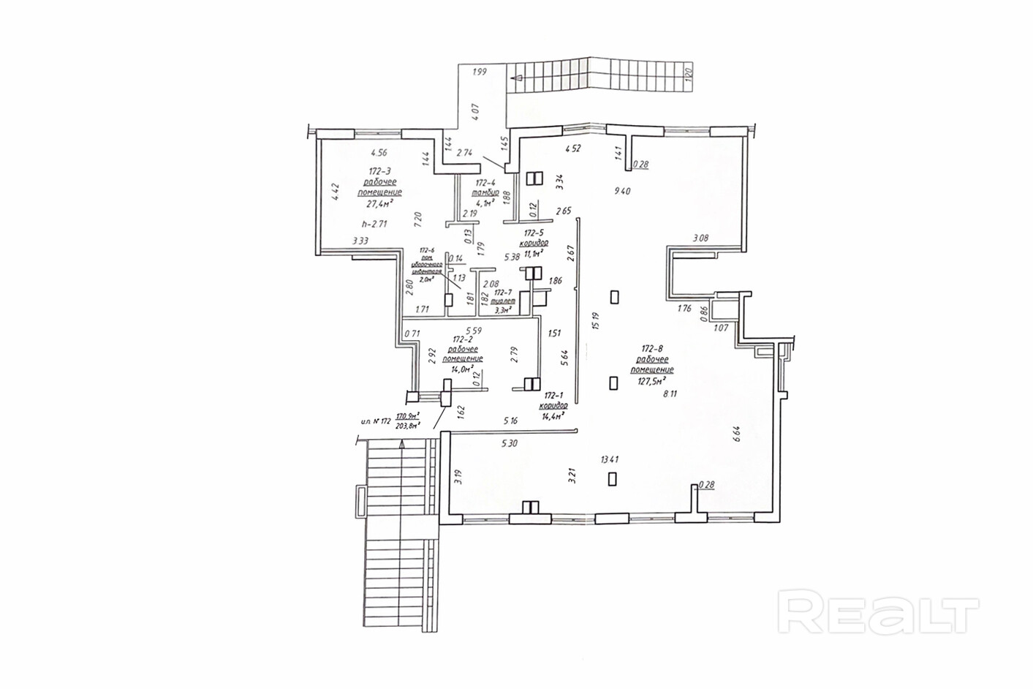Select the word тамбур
[x=487, y=192]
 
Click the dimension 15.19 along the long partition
[x=597, y=321]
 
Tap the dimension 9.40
[x=621, y=192]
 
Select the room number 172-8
[x=654, y=349]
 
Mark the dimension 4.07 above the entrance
[x=475, y=112]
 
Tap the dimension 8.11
[x=670, y=394]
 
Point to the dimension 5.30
[x=510, y=443]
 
